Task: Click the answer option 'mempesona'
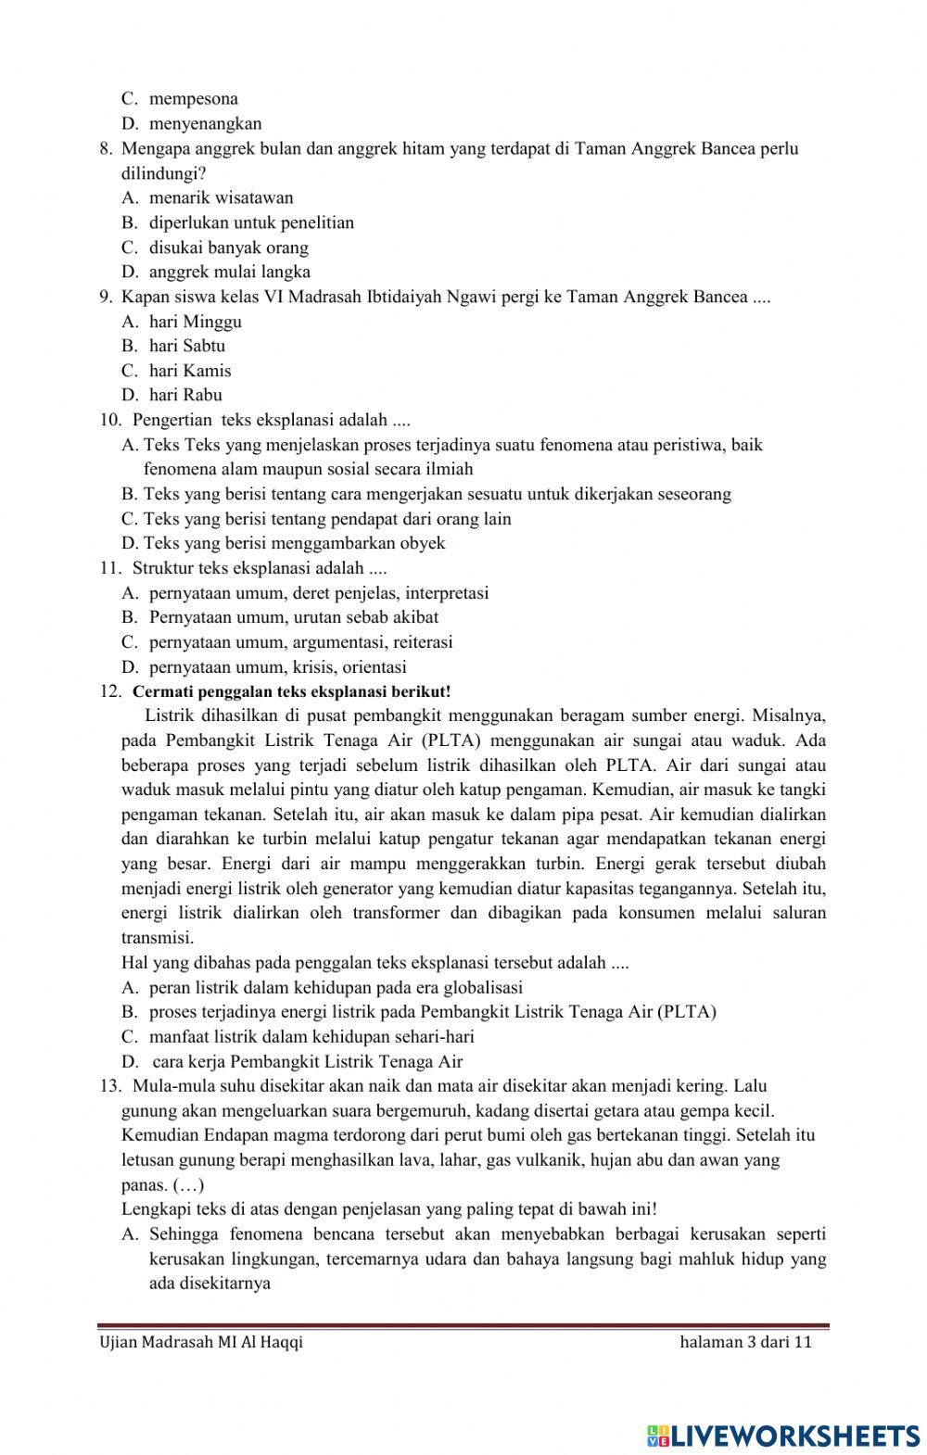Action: [193, 98]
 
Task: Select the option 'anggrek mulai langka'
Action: [229, 272]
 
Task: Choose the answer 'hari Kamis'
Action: [190, 371]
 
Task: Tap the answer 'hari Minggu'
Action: [195, 322]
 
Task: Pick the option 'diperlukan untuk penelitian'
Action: [251, 222]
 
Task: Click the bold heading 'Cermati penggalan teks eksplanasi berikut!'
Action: [292, 691]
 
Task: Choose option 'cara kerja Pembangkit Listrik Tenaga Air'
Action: [306, 1062]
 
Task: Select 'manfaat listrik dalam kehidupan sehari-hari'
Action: [311, 1037]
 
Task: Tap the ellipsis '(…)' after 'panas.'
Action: [189, 1185]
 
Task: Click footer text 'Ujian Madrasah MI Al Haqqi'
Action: [201, 1343]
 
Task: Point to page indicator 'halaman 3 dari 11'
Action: [745, 1343]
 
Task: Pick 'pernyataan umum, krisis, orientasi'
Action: [277, 667]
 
